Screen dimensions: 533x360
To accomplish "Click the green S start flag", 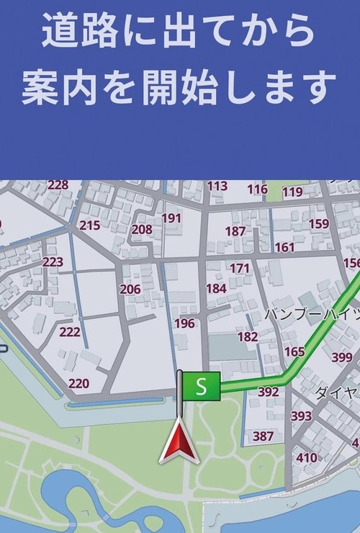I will click(201, 385).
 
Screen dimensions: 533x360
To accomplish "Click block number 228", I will click(58, 185).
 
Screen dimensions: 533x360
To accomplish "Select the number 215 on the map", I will click(89, 225).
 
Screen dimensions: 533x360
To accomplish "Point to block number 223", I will click(53, 261).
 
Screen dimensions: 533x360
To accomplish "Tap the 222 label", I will click(70, 331).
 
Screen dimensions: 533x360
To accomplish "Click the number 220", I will click(78, 384).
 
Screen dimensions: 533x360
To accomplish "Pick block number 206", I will click(130, 290).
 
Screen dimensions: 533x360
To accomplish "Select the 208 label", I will click(142, 230).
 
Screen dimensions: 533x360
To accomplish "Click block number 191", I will click(171, 218).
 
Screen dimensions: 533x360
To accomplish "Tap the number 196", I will click(184, 323).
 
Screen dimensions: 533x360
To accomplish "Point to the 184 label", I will click(216, 288).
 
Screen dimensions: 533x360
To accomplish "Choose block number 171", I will click(240, 268).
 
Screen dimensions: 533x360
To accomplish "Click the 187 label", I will click(235, 231).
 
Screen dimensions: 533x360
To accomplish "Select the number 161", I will click(284, 247).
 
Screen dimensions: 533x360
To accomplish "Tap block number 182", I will click(247, 336).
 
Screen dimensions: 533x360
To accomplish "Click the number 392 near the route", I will click(268, 392).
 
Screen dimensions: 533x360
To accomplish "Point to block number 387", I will click(263, 436).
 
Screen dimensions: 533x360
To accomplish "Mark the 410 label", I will click(306, 457).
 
